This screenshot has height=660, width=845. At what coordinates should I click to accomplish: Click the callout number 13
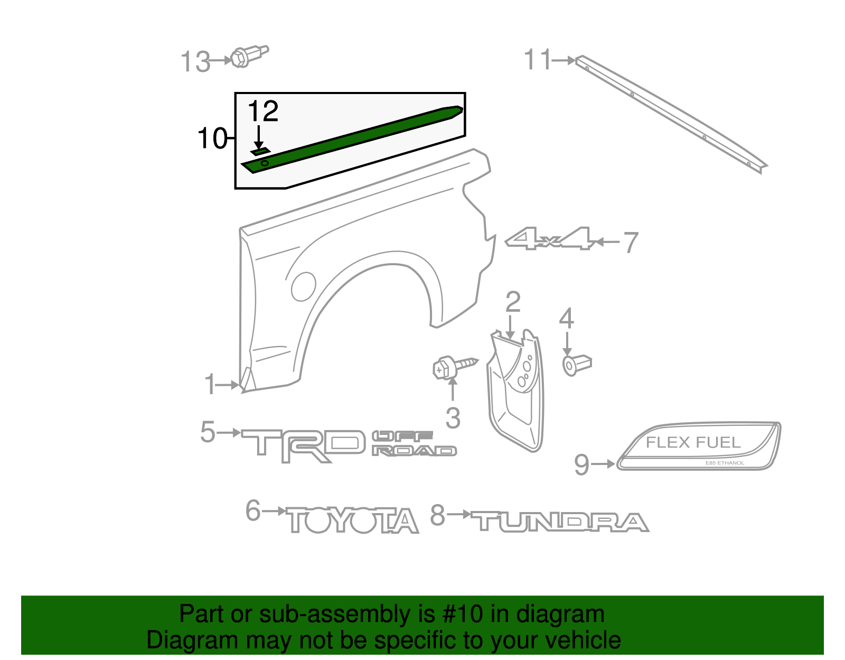point(195,62)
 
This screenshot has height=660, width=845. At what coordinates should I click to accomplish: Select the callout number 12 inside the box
point(262,111)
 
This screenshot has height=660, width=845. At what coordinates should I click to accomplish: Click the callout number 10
point(212,138)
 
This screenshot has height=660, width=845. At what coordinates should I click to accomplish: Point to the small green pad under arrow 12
point(260,152)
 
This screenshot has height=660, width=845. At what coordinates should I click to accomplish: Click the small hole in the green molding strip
point(265,163)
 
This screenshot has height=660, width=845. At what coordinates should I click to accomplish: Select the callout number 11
point(538,60)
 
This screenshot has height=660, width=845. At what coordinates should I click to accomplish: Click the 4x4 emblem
point(549,239)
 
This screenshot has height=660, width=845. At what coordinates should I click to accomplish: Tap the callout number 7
point(631,243)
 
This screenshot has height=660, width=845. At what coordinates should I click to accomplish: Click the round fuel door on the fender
point(303,285)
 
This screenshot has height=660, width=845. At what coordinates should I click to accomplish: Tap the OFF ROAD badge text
point(414,443)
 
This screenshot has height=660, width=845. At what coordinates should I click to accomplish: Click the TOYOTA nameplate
point(353,520)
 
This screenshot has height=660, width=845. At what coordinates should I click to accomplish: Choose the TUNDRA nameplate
point(560,522)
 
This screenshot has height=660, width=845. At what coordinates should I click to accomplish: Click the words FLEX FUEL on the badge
point(693,442)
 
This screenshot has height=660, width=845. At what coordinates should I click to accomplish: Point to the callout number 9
point(581,464)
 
